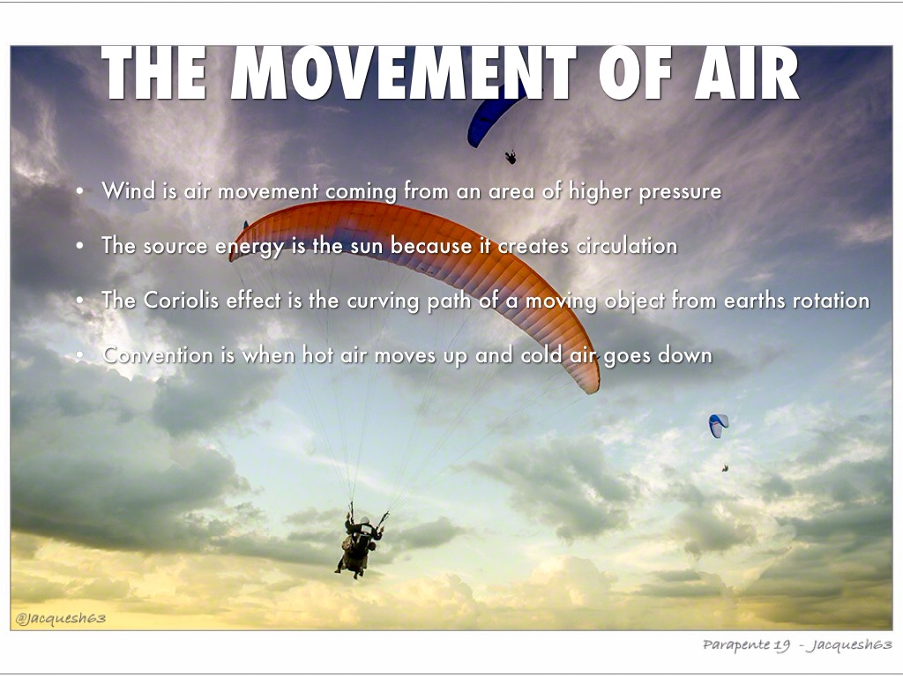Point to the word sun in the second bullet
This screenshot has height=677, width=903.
point(368,247)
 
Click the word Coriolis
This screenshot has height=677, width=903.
point(181,300)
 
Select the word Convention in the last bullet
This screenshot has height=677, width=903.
point(158,355)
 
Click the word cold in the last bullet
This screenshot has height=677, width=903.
point(541,354)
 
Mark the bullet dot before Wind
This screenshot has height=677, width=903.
point(79,191)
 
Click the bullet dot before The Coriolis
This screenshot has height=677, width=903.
point(79,301)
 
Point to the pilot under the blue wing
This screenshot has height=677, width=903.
point(511,157)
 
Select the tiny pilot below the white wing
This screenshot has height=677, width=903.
point(725,469)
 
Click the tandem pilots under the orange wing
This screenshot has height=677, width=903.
point(358,544)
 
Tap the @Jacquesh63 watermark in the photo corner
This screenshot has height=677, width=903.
point(61,619)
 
